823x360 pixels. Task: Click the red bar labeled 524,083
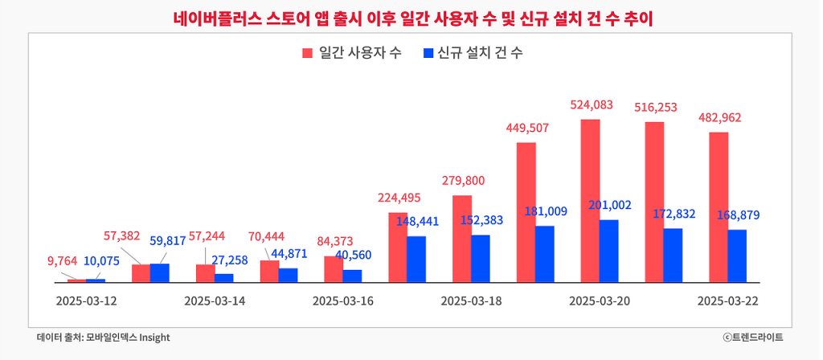591,201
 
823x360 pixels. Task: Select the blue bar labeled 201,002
609,251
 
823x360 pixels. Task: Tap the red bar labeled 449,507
526,212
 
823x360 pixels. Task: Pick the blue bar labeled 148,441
416,259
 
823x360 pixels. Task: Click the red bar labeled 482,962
719,207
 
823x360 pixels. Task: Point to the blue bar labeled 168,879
737,256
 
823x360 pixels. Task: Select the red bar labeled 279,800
462,239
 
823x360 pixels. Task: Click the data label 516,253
655,106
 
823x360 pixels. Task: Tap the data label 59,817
168,240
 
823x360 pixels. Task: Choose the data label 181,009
546,211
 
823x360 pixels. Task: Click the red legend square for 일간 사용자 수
307,53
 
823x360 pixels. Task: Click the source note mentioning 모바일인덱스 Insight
103,337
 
